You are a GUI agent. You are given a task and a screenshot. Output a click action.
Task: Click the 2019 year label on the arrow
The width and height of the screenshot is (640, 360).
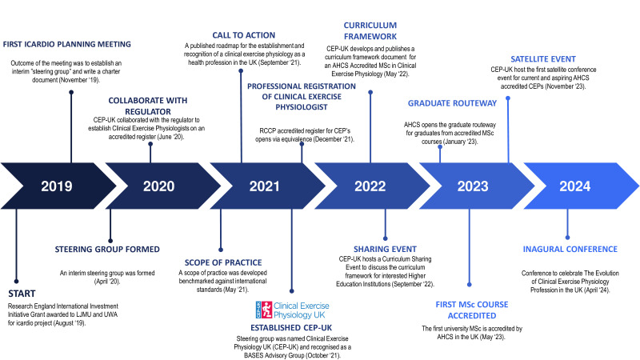(x=57, y=186)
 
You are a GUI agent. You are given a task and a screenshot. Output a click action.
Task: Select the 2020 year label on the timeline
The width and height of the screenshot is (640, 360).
(x=158, y=186)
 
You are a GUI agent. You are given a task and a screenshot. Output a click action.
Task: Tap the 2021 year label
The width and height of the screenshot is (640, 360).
(x=265, y=186)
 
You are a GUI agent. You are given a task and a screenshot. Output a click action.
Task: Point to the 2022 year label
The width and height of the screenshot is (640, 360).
(x=370, y=186)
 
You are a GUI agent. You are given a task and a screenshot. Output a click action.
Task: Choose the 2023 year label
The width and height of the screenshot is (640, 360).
(x=473, y=186)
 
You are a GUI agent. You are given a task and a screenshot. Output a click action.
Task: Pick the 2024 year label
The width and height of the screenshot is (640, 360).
(x=574, y=186)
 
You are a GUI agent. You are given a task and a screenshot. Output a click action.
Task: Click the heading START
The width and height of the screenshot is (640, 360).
(x=22, y=294)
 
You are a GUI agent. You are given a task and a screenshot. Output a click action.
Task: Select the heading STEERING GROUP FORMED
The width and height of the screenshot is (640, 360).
(x=107, y=249)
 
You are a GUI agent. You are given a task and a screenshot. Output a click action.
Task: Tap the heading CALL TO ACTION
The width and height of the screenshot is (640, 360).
(x=244, y=35)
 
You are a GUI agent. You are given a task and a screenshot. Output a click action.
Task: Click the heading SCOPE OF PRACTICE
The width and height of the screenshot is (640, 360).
(x=223, y=262)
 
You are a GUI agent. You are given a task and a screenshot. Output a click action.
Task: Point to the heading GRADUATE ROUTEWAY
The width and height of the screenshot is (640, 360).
(x=452, y=103)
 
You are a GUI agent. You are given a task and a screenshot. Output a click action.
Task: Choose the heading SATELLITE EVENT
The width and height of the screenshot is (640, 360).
(x=543, y=59)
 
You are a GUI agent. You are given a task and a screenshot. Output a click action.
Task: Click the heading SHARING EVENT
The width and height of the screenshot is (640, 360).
(x=385, y=249)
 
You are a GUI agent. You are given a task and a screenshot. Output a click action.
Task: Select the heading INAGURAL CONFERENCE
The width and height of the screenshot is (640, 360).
(x=570, y=249)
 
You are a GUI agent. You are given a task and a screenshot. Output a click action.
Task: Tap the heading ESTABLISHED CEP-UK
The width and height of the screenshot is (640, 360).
(x=291, y=328)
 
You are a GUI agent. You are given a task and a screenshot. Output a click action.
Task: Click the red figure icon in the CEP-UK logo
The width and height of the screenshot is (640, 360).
(x=266, y=310)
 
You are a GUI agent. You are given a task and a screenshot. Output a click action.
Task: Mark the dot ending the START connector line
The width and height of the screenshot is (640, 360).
(x=16, y=282)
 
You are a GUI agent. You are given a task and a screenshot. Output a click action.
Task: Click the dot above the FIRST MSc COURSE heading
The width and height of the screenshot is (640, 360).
(x=470, y=285)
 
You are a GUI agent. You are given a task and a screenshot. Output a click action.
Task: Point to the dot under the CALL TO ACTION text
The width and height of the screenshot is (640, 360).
(x=241, y=71)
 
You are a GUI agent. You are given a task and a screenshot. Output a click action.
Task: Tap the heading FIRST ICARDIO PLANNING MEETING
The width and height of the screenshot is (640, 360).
(x=67, y=44)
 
